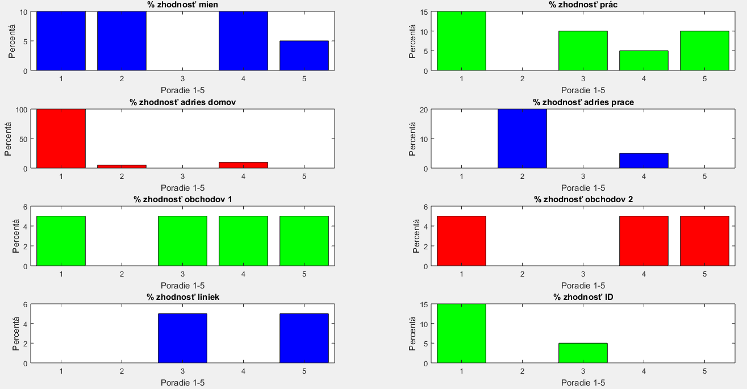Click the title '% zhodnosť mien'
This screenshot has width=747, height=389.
click(x=182, y=5)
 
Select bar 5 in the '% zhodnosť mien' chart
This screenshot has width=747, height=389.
click(x=304, y=56)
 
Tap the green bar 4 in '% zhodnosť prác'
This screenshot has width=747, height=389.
click(x=644, y=60)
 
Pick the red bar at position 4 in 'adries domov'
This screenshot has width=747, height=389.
click(x=243, y=165)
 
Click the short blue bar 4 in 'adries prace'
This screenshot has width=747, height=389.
click(x=644, y=161)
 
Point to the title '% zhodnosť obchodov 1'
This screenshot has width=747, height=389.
click(x=182, y=199)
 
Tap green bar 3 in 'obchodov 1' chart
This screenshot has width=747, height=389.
click(x=182, y=241)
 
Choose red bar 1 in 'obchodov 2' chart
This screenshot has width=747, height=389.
click(x=461, y=241)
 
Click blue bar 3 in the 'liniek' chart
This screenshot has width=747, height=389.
click(x=182, y=338)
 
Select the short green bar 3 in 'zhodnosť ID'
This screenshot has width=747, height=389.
click(x=583, y=353)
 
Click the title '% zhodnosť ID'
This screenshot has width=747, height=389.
click(x=583, y=297)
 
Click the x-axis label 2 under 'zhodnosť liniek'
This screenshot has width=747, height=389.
click(x=122, y=371)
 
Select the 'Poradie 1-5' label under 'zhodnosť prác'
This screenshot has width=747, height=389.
click(x=583, y=90)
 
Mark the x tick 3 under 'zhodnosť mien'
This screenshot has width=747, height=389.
click(x=182, y=79)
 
